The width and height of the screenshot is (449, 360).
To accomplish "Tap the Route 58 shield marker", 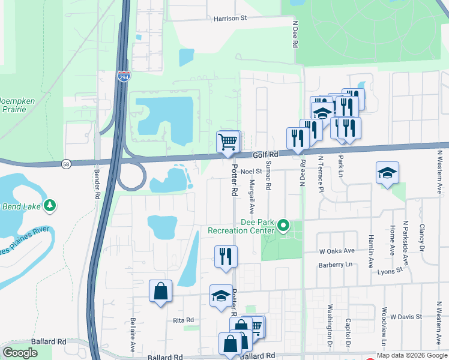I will coord(65,163).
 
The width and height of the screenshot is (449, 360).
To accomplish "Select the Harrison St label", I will coord(231,19).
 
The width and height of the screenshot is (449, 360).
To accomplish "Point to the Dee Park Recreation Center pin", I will coord(283,226).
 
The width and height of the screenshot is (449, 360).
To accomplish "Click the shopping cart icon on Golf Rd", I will coord(228,142).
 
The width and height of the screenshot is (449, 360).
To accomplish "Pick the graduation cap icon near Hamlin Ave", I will coord(387,173).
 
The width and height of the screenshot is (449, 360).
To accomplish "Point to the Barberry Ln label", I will coord(346,264).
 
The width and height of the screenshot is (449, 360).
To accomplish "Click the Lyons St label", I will coord(391,271).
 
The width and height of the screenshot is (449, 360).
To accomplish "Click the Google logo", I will coord(20,353).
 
